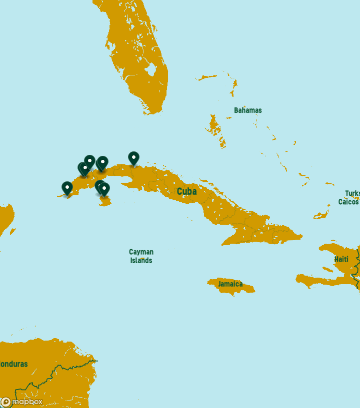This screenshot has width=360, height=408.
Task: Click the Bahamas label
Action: tap(247, 110)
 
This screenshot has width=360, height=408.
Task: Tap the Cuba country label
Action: tap(186, 192)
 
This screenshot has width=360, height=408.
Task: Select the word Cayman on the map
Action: tap(141, 252)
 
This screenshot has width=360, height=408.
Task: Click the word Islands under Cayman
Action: tap(141, 261)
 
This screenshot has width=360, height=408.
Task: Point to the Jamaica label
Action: tap(230, 284)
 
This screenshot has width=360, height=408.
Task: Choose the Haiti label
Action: tap(341, 259)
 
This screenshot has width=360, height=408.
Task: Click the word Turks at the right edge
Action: tap(352, 193)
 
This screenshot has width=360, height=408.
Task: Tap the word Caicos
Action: tap(348, 202)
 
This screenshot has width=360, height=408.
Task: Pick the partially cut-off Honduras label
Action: tap(13, 364)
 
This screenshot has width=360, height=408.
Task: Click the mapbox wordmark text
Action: tap(27, 402)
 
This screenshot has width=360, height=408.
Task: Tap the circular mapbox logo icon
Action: tap(6, 402)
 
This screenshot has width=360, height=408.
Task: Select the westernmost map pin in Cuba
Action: tap(67, 188)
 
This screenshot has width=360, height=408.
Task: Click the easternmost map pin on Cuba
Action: tap(133, 158)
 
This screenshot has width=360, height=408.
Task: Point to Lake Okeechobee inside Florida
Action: tap(151, 69)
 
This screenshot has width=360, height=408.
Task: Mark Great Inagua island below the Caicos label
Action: tap(321, 215)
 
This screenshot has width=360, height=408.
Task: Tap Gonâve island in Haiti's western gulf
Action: tap(327, 269)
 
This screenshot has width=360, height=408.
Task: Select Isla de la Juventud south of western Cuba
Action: tap(105, 201)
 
